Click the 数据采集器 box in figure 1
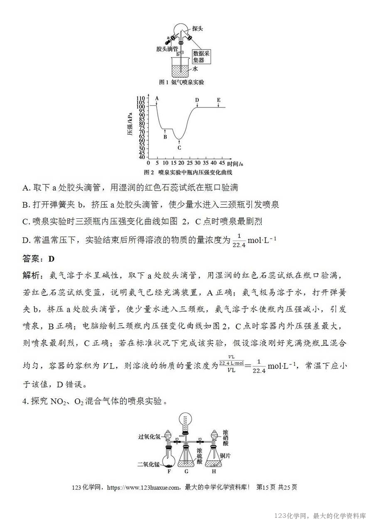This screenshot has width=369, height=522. pyautogui.click(x=202, y=57)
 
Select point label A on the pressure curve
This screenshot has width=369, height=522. pyautogui.click(x=157, y=98)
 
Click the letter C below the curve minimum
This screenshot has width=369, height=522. pyautogui.click(x=179, y=147)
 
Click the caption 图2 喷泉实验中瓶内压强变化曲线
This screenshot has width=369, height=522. pyautogui.click(x=188, y=172)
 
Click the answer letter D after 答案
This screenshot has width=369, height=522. pyautogui.click(x=52, y=259)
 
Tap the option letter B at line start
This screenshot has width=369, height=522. pyautogui.click(x=25, y=204)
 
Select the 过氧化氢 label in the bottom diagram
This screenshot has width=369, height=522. pyautogui.click(x=150, y=437)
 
